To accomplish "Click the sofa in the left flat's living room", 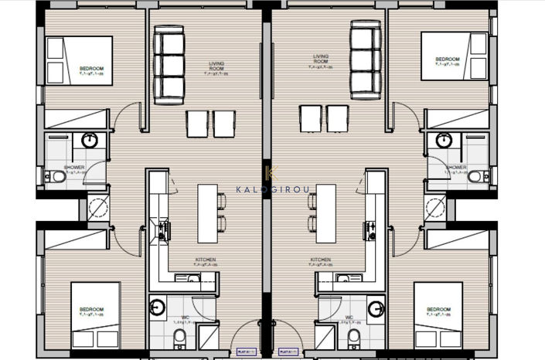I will tap(169, 64).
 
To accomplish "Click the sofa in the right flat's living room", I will tap(366, 59).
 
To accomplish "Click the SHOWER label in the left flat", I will tap(74, 168).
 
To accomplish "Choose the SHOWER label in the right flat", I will tap(456, 168).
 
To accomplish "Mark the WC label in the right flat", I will tap(349, 318).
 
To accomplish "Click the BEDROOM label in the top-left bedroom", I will tap(90, 69).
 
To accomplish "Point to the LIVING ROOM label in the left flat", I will tap(216, 66).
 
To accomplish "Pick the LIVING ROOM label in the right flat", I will tap(321, 59).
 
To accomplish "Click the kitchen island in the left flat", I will tap(206, 213).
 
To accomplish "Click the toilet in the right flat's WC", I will tap(354, 336).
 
